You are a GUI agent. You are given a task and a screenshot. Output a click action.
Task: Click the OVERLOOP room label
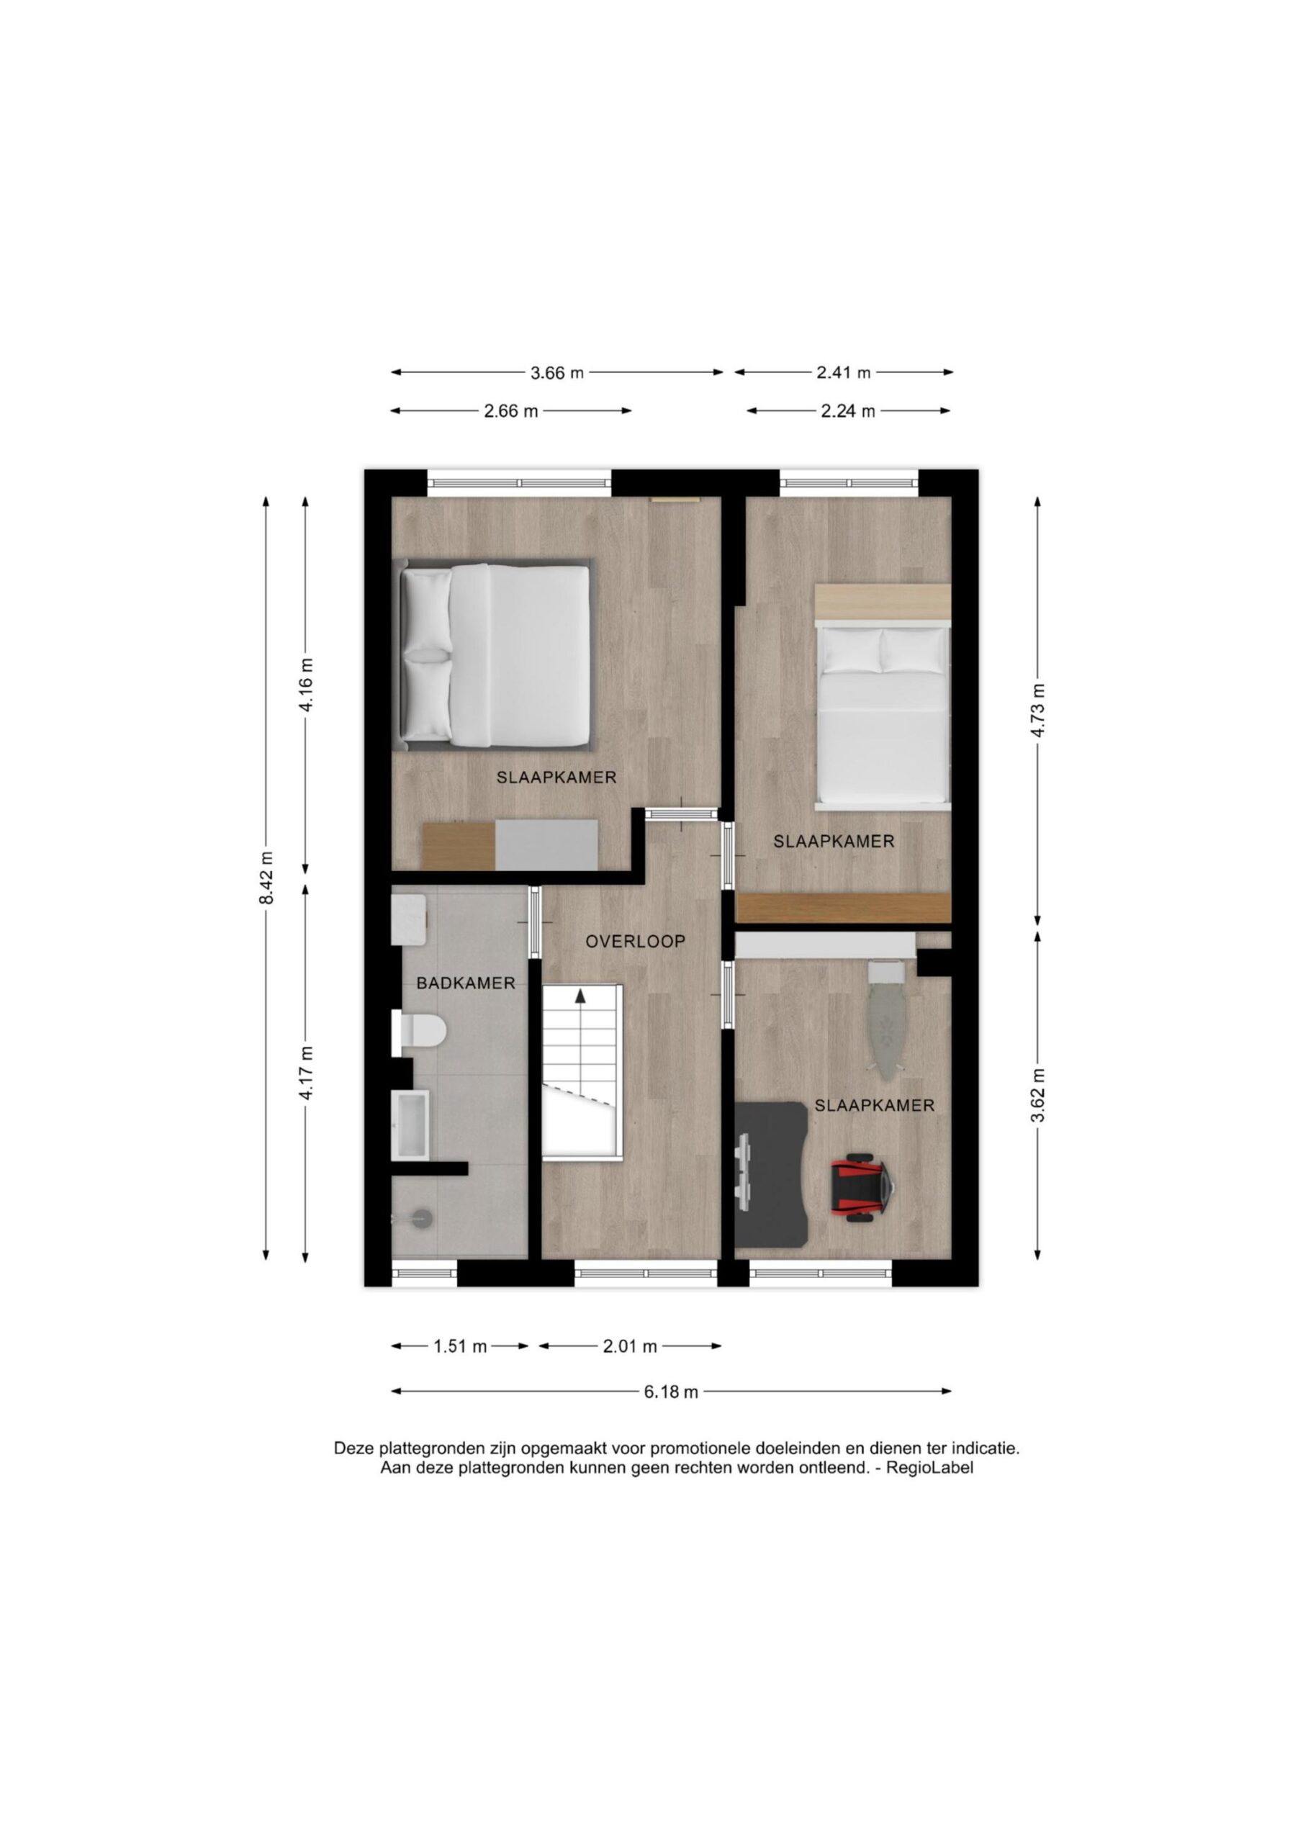[635, 942]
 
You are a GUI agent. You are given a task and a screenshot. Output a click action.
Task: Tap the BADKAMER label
[466, 983]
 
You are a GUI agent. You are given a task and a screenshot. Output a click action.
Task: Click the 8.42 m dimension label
[267, 879]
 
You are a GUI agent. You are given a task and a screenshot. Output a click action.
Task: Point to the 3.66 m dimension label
[557, 372]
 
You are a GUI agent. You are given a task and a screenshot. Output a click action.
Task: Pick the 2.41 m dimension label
[844, 372]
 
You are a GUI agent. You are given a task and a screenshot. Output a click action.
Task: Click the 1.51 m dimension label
[461, 1346]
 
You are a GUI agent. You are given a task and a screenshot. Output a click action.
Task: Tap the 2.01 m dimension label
[630, 1346]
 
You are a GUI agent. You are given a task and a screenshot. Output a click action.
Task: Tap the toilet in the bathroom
[418, 1031]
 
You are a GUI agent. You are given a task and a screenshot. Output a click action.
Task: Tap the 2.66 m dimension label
[510, 411]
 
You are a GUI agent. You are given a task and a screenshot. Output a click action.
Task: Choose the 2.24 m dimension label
[847, 411]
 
